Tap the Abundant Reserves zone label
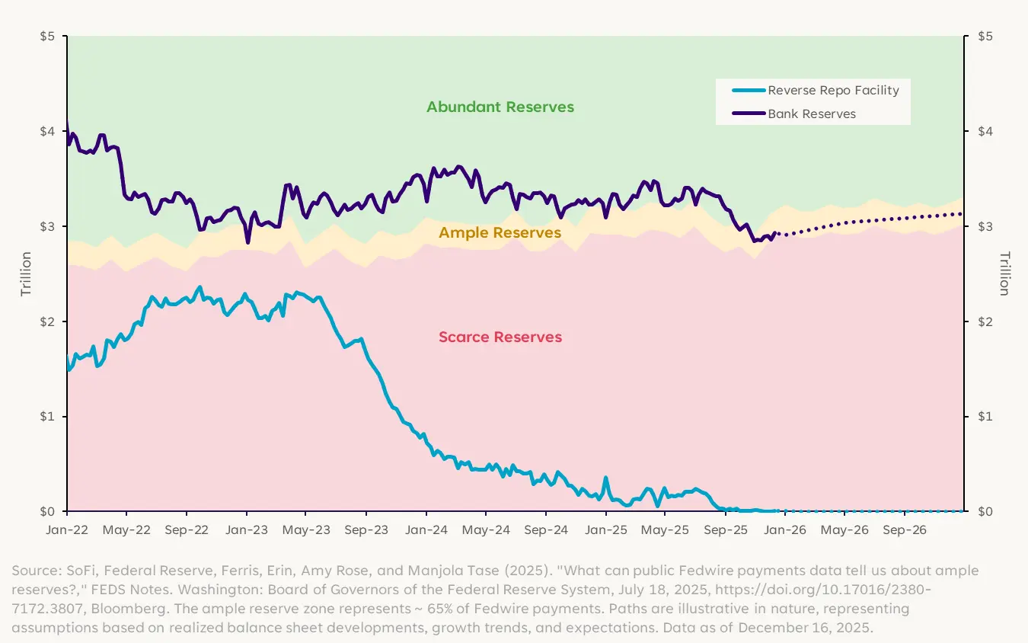point(500,107)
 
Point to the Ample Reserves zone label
point(500,232)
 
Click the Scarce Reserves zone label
point(500,337)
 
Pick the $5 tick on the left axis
point(49,37)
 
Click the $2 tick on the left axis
point(49,321)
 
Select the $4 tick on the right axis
point(982,132)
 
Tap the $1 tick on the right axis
point(982,417)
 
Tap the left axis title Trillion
point(26,274)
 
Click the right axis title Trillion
point(1003,274)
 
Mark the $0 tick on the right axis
point(982,511)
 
